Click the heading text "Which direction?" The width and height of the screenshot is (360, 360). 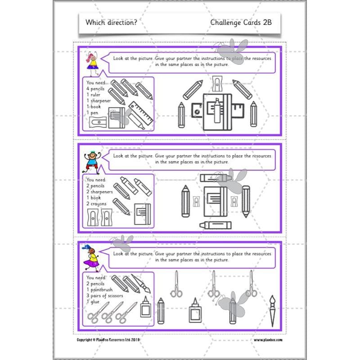click(x=111, y=22)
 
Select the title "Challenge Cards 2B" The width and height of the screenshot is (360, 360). click(x=240, y=22)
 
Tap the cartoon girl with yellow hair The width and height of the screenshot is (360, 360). click(x=93, y=62)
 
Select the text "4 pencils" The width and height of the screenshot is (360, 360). click(x=98, y=89)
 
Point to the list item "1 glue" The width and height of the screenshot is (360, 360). click(x=95, y=301)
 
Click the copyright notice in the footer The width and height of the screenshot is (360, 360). click(x=111, y=340)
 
